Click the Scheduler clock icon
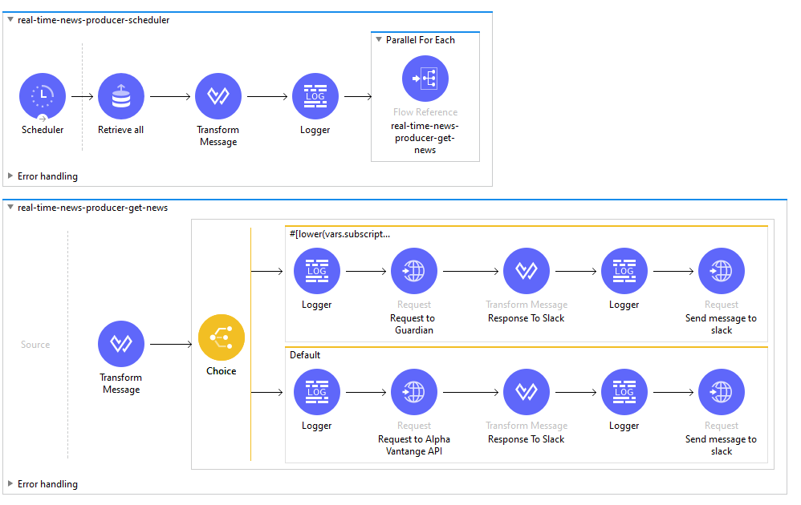pos(42,97)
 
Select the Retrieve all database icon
pos(120,97)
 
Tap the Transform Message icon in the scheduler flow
pos(218,97)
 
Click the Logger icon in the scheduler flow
pos(315,97)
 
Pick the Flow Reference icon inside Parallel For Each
pos(425,79)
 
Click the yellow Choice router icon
pos(222,337)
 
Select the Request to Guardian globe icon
pos(414,272)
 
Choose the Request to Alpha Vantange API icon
pos(414,393)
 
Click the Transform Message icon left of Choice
pos(120,345)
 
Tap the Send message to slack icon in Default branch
pos(721,393)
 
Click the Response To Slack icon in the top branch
pos(526,272)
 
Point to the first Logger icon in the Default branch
pos(317,393)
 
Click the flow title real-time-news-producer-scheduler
pos(93,20)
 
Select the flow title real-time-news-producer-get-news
pos(92,208)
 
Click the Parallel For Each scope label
pos(420,40)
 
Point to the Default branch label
pos(304,355)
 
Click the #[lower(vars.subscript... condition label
pos(340,234)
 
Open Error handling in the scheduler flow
pos(47,176)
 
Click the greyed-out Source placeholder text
pos(35,345)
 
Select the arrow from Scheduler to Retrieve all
pos(82,97)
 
